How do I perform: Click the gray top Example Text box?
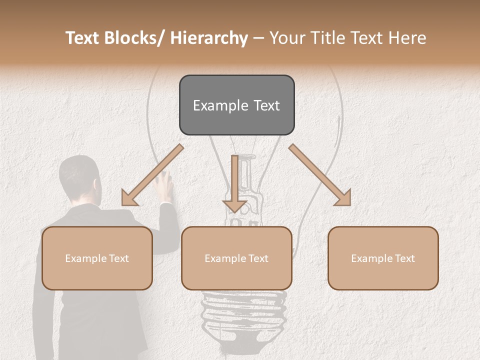point(236,105)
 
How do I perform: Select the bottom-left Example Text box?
point(97,258)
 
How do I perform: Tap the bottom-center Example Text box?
point(236,258)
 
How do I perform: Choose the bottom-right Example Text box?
point(383,258)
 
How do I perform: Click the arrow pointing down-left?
point(150,176)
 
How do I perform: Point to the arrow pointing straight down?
point(234,182)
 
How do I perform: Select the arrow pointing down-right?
point(320,175)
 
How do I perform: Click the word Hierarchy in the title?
point(209,38)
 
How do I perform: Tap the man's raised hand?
point(164,184)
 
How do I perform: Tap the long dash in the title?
point(258,38)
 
